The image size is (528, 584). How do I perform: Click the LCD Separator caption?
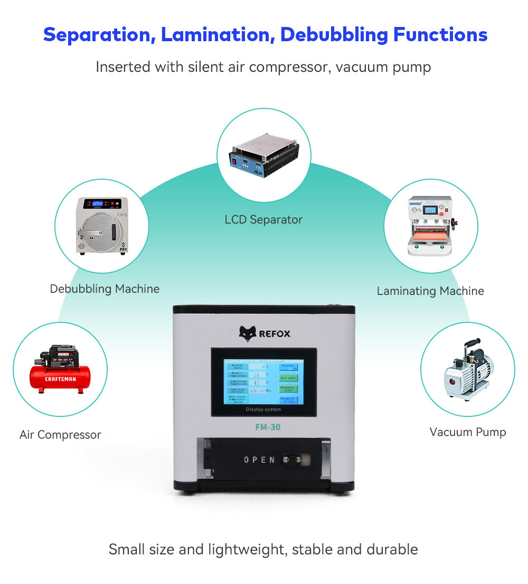[x=263, y=219]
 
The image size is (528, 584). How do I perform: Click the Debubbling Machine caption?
[x=105, y=289]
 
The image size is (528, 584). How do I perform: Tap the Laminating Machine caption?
[x=430, y=291]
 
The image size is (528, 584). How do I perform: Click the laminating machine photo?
[x=430, y=226]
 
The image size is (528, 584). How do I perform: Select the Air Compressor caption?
[x=60, y=435]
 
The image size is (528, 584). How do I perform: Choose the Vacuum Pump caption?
[x=468, y=432]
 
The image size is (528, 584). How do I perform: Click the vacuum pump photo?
[x=467, y=370]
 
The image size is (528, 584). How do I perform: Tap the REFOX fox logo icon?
[x=248, y=333]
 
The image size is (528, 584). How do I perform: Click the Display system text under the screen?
[x=263, y=410]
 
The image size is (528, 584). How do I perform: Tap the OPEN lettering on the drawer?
[x=259, y=460]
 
